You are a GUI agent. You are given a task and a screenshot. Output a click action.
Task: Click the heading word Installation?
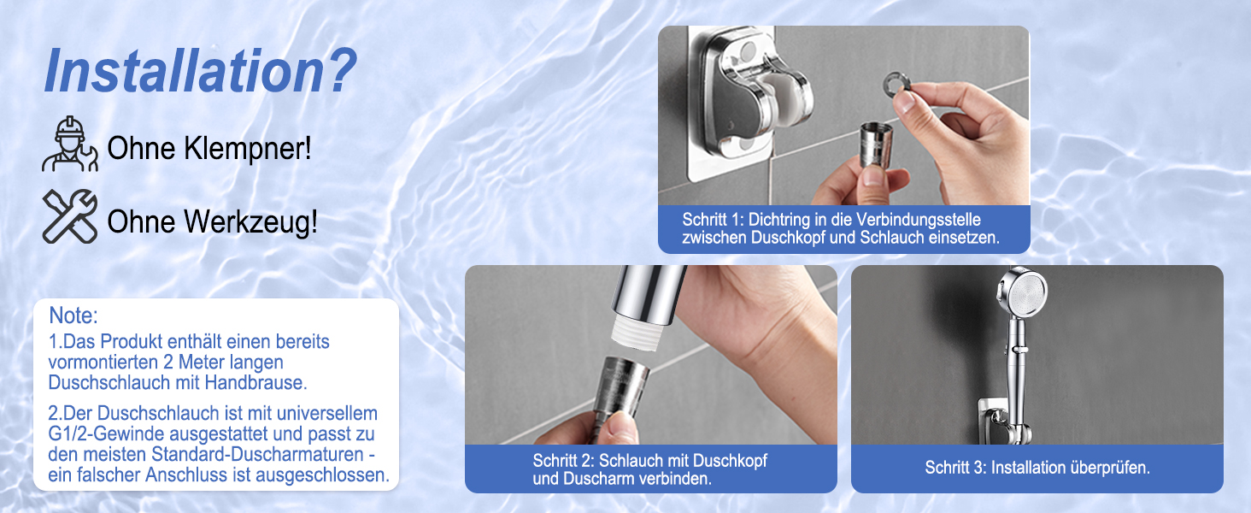tap(200, 71)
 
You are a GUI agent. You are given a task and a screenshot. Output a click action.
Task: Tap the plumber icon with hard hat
tap(70, 144)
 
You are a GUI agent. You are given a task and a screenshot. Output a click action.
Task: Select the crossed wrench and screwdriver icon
tap(70, 216)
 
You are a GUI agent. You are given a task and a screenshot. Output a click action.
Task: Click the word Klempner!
tap(248, 149)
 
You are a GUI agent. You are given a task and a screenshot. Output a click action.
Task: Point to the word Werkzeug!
tap(250, 221)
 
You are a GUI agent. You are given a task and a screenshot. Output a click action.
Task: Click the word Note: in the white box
tap(73, 315)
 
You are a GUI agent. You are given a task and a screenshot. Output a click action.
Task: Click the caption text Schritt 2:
tap(563, 461)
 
